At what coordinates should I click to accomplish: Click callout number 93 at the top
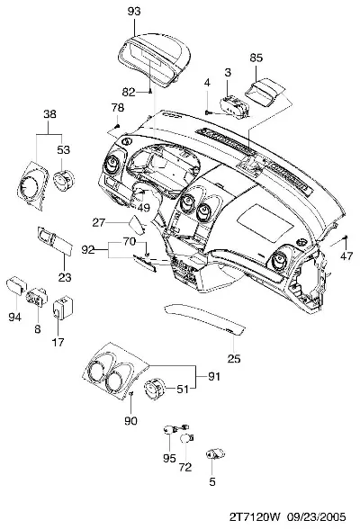(134, 11)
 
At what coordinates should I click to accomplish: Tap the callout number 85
(256, 58)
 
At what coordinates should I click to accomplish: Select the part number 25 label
(234, 358)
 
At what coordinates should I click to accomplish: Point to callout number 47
(346, 256)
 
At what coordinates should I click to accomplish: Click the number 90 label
(130, 421)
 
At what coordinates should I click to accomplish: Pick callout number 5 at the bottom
(211, 482)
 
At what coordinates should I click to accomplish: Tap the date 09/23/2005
(317, 517)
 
